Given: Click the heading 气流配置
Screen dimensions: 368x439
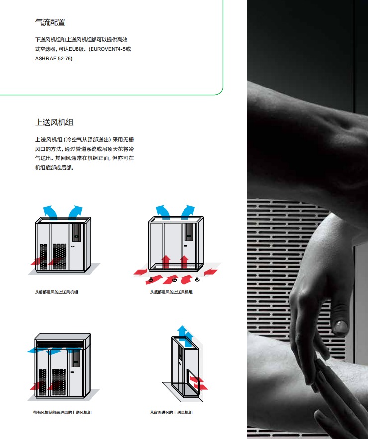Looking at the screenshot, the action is point(50,22).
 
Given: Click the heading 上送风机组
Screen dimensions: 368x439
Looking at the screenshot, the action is point(54,122).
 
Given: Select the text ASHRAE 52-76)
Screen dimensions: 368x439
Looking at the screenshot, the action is point(54,58).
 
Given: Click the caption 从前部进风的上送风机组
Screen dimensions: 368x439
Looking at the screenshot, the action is point(56,292).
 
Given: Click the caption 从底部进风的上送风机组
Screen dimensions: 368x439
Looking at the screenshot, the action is point(172,292).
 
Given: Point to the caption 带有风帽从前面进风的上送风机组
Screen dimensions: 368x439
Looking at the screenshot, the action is point(62,412).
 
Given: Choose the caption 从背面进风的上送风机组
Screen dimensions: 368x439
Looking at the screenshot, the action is point(172,412).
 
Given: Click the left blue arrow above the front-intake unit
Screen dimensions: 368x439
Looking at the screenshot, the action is point(50,212).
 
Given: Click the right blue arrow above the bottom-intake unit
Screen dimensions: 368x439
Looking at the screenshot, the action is point(188,212).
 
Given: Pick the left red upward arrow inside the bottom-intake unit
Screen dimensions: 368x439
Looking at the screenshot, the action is point(166,262).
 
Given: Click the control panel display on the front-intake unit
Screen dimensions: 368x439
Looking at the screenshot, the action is point(76,232).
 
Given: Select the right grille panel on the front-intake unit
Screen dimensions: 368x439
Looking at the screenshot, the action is point(59,256).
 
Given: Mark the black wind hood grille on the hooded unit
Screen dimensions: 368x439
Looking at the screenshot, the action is point(60,344).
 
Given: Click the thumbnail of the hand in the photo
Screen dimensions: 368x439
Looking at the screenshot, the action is point(340,327).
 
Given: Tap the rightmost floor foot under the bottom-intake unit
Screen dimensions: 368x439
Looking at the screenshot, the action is point(197,279).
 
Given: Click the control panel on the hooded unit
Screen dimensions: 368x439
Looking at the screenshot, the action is point(75,358).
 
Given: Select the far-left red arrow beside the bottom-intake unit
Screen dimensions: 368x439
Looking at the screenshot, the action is point(141,271).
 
